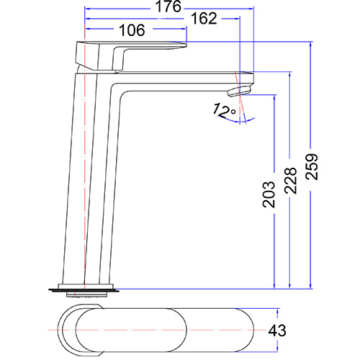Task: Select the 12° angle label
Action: pos(224,111)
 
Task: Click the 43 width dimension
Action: pos(277,330)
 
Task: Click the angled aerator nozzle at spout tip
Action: pos(238,89)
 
